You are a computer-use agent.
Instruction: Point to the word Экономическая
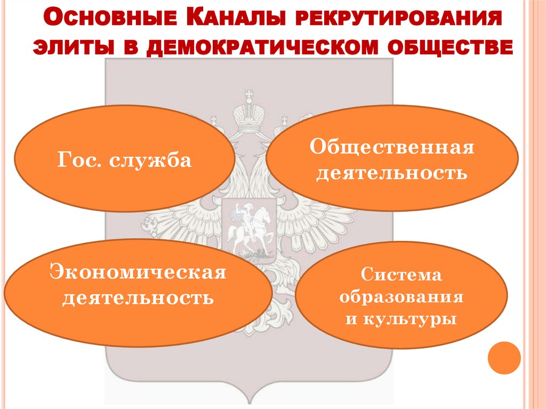point(138,272)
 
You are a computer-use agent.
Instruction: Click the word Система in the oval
point(401,276)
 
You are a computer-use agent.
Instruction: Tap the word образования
point(401,298)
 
